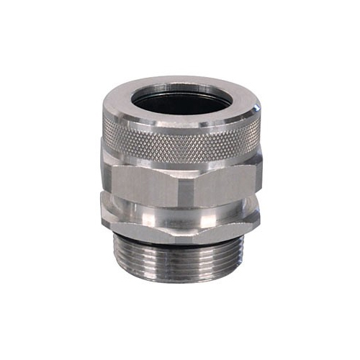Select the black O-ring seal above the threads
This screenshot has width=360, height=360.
tap(180, 235)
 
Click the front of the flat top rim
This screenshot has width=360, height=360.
tap(180, 123)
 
